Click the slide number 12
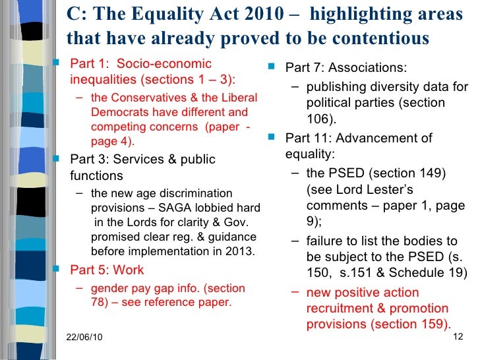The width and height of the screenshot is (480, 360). [460, 337]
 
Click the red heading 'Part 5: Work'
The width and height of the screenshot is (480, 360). [107, 270]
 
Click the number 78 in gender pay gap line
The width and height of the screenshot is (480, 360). [98, 303]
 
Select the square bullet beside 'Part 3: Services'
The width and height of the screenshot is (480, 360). [57, 159]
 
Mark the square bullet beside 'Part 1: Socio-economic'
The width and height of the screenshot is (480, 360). [57, 64]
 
